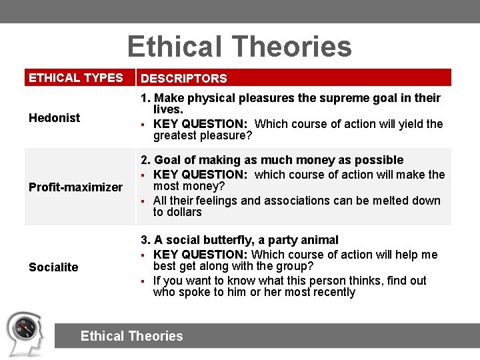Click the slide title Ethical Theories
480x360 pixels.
click(239, 47)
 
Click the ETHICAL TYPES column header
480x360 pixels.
click(76, 78)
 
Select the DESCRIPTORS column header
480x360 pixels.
click(184, 79)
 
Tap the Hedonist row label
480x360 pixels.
click(54, 118)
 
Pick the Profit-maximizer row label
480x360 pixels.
click(75, 187)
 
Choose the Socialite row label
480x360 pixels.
click(53, 267)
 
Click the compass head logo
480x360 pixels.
click(25, 333)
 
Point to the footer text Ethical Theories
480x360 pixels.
click(131, 336)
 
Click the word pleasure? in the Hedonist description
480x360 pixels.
click(227, 136)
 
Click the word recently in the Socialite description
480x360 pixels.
click(331, 293)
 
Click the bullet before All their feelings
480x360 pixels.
click(143, 201)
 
